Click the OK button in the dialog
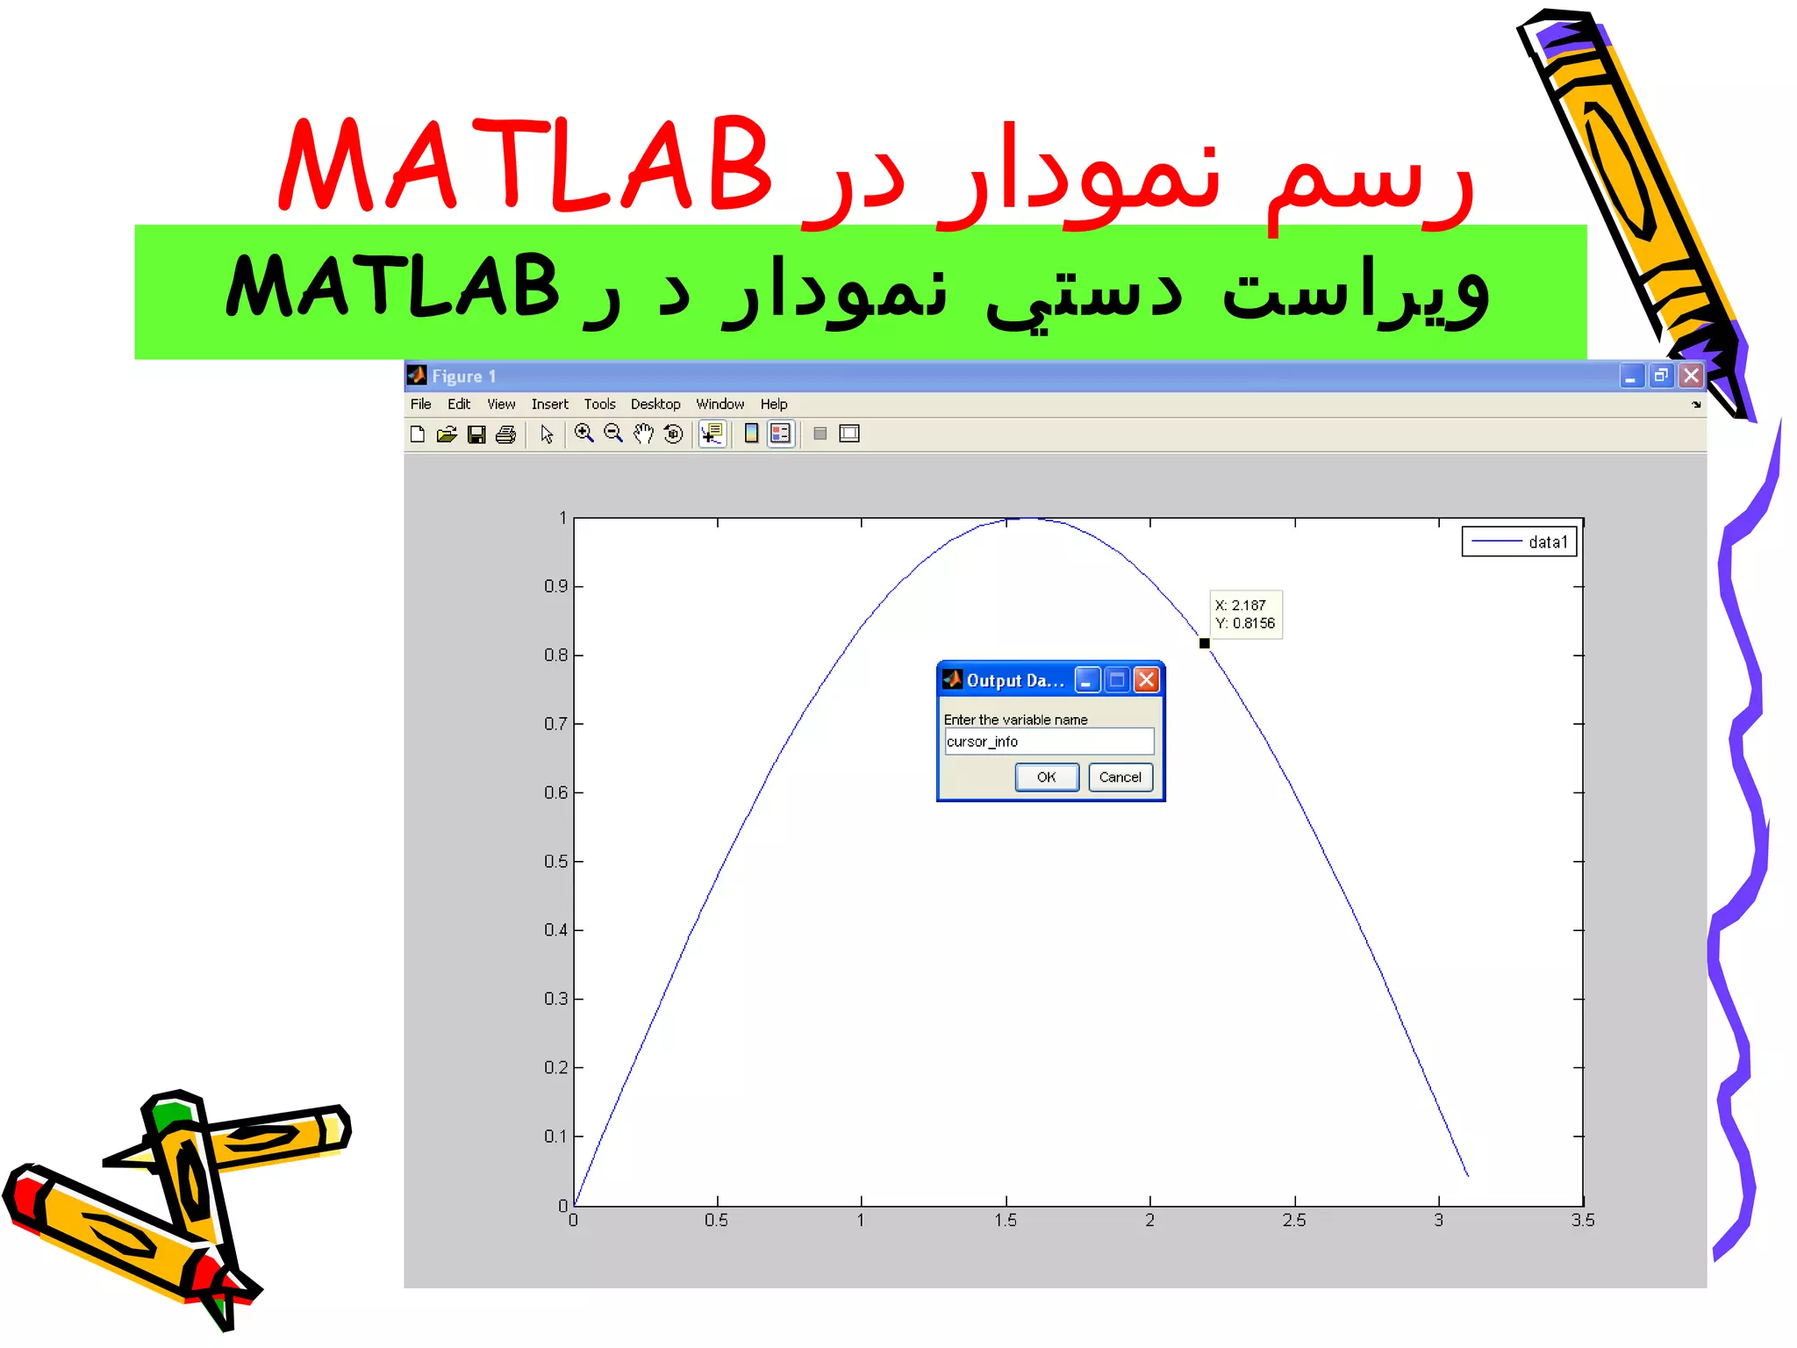[x=1046, y=778]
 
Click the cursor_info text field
[x=1049, y=742]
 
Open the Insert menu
[x=549, y=404]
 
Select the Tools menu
[x=599, y=404]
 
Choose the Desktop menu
[x=655, y=404]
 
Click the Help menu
[x=773, y=404]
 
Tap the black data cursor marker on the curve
[x=1205, y=643]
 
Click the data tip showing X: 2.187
[x=1245, y=614]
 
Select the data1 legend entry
[x=1520, y=541]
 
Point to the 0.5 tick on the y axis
[x=555, y=861]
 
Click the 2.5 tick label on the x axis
[x=1294, y=1220]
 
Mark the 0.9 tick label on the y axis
[x=555, y=586]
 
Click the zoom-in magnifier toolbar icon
[x=583, y=434]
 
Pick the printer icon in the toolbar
[x=506, y=434]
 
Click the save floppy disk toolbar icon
[x=476, y=434]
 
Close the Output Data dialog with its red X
[x=1146, y=680]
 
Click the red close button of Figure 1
[x=1691, y=376]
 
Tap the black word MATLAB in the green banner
[x=392, y=286]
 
